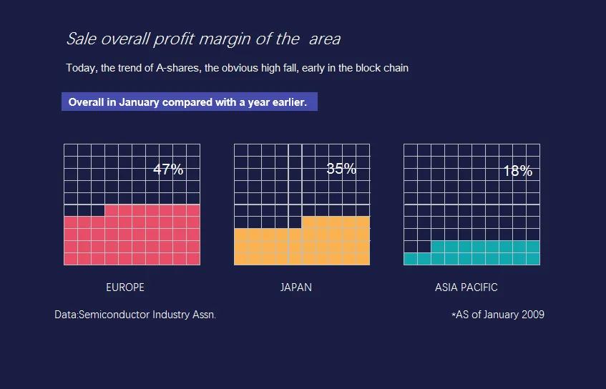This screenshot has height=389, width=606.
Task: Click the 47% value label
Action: coord(168,169)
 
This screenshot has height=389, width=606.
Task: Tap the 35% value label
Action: coord(341,169)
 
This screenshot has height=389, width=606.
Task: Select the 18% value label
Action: coord(517,171)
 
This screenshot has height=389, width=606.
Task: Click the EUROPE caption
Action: coord(125,287)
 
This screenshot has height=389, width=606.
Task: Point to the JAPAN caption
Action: coord(296,287)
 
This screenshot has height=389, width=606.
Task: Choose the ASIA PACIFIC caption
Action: coord(466,287)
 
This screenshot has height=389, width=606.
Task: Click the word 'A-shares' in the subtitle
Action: coord(178,68)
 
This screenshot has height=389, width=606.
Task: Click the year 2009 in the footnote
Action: coord(532,315)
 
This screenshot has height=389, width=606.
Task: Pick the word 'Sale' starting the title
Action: coord(79,39)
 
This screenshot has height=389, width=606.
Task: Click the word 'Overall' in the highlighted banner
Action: coord(86,102)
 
